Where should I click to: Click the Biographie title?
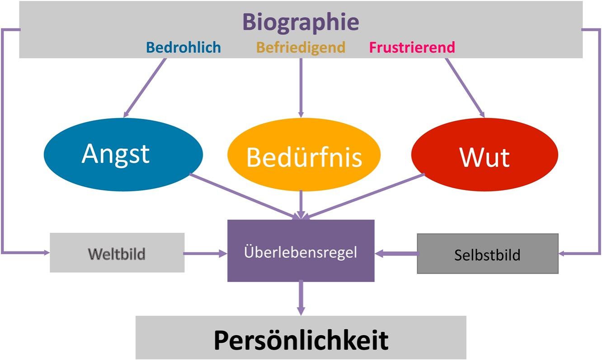point(301,22)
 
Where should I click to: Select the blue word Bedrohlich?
point(183,47)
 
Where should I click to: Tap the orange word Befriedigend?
point(301,47)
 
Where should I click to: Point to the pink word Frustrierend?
point(412,47)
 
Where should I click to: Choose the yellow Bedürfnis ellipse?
point(304,156)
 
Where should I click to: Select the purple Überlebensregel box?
point(301,251)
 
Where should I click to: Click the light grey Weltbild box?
point(117,253)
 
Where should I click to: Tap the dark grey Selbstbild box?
point(487,254)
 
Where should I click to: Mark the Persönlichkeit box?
point(301,338)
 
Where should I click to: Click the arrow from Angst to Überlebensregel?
point(244,196)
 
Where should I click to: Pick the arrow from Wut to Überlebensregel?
point(364,196)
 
